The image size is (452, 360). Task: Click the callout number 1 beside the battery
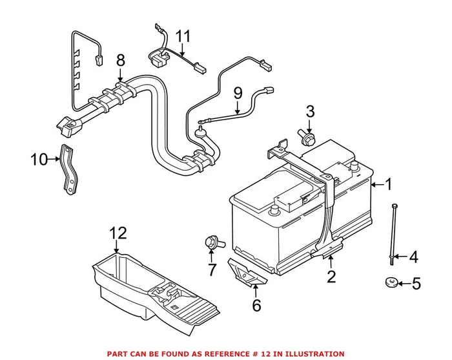tap(389, 185)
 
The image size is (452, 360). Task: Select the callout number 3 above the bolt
tap(310, 111)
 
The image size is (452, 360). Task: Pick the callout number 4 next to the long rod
tap(413, 257)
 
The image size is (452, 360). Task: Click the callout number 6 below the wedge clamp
tap(256, 305)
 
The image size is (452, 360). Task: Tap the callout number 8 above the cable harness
tap(120, 62)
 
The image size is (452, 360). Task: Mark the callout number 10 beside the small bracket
tap(39, 158)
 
